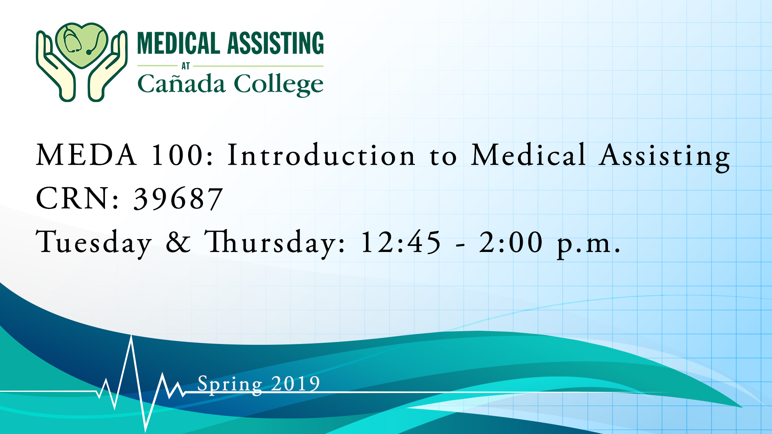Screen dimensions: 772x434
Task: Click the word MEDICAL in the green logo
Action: (179, 43)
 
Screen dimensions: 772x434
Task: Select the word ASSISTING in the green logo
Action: (275, 43)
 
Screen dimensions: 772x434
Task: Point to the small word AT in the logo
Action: (185, 66)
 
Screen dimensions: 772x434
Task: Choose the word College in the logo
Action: (279, 84)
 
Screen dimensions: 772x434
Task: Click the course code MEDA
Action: (86, 155)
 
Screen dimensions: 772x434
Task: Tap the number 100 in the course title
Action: (177, 155)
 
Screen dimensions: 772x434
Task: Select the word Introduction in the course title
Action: (321, 155)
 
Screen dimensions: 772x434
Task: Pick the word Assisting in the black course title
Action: (664, 157)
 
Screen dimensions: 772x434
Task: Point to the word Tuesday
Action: (94, 243)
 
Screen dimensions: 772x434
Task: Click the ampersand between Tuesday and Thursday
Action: (178, 242)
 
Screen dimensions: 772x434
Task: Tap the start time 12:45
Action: (400, 242)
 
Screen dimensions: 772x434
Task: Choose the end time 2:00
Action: (511, 242)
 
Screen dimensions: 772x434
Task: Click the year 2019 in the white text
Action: (296, 383)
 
